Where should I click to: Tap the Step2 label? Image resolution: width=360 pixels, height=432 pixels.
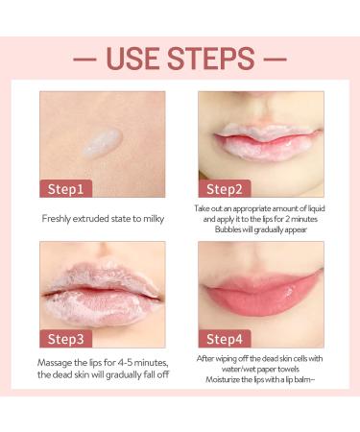pyautogui.click(x=225, y=187)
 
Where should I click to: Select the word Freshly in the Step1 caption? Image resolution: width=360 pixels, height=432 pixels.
pyautogui.click(x=62, y=219)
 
